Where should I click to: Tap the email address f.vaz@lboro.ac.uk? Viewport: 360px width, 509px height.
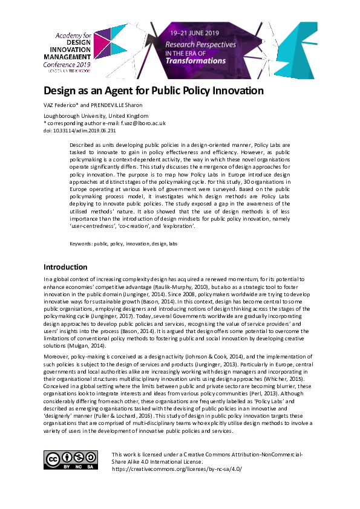143,122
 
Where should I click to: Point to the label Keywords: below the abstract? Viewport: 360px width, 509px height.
81,242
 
